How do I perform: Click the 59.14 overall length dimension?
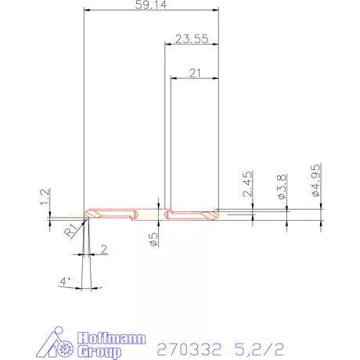(150, 5)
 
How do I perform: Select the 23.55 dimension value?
(191, 38)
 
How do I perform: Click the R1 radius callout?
(71, 231)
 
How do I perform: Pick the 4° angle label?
(66, 280)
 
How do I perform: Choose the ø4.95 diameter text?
(315, 182)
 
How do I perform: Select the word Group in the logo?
(100, 352)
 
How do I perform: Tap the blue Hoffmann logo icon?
(58, 341)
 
